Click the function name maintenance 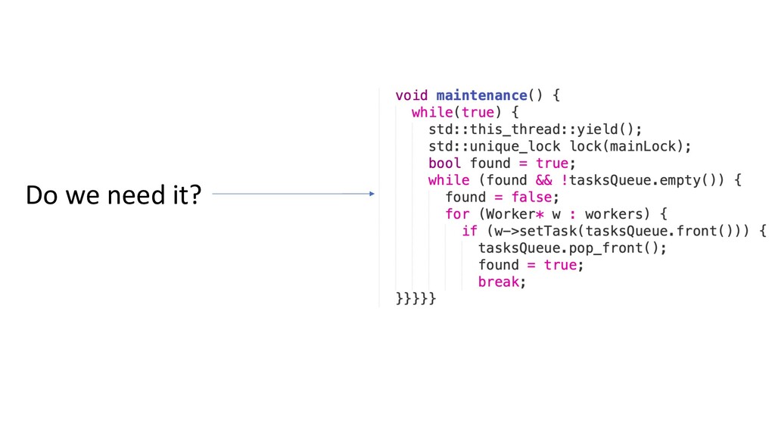[481, 95]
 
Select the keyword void [411, 95]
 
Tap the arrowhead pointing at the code [371, 194]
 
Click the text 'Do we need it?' [114, 195]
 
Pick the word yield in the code [598, 129]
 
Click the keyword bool [445, 163]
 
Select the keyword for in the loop [458, 214]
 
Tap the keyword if [470, 231]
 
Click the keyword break [499, 282]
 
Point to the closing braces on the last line [416, 299]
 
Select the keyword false [531, 198]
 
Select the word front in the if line [710, 231]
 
